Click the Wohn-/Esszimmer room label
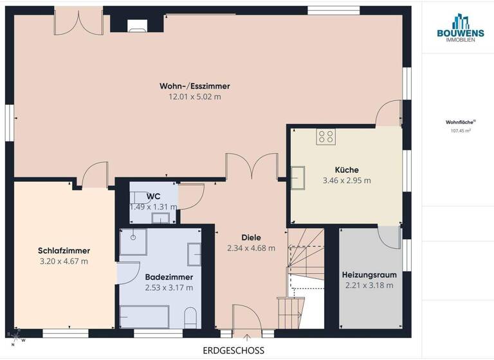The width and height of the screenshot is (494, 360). [x=195, y=85]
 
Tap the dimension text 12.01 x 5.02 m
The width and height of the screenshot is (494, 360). [x=195, y=96]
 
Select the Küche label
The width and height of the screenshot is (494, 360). [x=347, y=170]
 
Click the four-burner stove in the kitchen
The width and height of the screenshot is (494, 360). [x=325, y=136]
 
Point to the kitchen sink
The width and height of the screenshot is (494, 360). [x=298, y=177]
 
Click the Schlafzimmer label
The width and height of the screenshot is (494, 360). [x=64, y=250]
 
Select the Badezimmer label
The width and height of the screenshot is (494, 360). [x=169, y=276]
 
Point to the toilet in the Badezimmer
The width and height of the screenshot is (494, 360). [x=190, y=316]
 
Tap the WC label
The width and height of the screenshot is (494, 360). [x=153, y=195]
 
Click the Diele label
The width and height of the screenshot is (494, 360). [x=251, y=237]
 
